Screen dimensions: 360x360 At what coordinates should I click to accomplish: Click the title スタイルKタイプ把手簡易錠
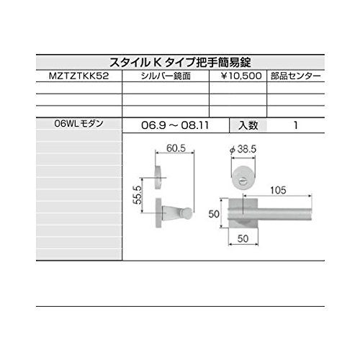coord(180,63)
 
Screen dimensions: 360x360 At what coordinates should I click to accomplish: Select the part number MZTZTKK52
coord(79,76)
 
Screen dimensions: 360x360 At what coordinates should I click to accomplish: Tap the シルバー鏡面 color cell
coord(166,76)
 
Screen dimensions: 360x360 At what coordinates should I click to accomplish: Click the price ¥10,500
coord(241,76)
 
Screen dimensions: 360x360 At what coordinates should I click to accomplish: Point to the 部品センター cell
coord(296,76)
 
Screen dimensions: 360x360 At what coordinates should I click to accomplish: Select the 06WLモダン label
coord(79,123)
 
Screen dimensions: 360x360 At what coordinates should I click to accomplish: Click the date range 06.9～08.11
coord(175,125)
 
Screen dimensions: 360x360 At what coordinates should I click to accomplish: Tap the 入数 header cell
coord(248,125)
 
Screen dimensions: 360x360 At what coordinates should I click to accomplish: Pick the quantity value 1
coord(296,125)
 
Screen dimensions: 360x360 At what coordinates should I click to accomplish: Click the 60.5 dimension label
coord(176,148)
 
